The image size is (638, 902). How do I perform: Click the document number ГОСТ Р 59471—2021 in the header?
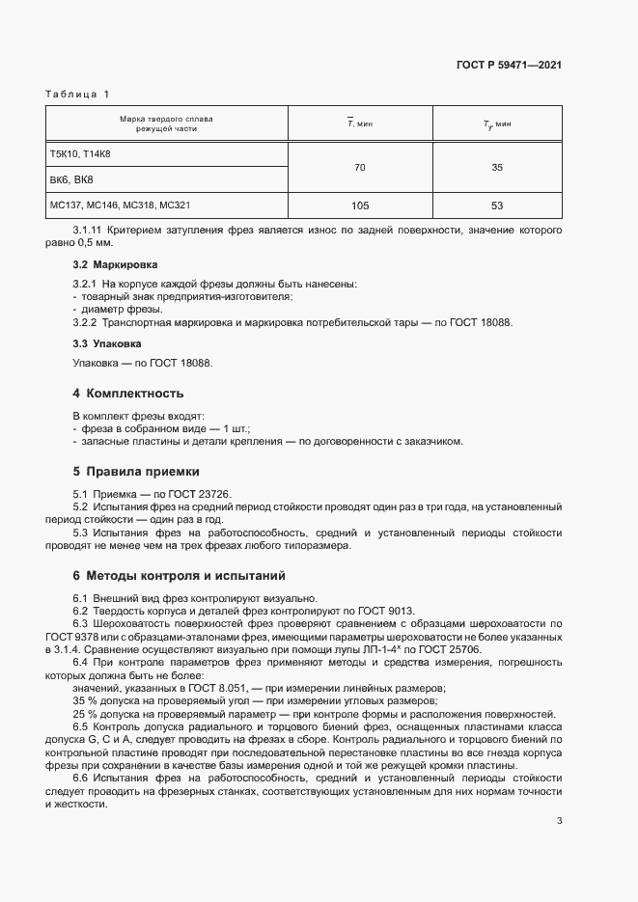pos(509,65)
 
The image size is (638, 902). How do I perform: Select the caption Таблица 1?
pos(77,94)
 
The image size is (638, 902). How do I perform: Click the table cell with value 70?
pos(360,168)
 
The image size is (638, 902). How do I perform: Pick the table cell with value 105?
pos(360,205)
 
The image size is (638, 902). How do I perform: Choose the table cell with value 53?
pos(497,205)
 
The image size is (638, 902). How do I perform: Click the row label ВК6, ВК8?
pos(71,180)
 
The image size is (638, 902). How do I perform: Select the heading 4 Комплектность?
pos(127,394)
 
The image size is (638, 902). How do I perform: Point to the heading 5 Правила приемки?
pos(136,472)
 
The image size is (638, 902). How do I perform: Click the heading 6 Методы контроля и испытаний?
pos(179,576)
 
